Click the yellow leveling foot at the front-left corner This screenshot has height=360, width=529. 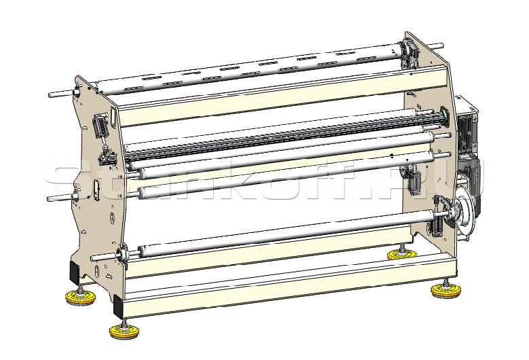pyautogui.click(x=80, y=298)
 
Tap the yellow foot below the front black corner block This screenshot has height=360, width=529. pyautogui.click(x=124, y=331)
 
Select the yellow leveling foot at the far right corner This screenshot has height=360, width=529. pyautogui.click(x=445, y=290)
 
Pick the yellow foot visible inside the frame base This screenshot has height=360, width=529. pyautogui.click(x=402, y=254)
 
